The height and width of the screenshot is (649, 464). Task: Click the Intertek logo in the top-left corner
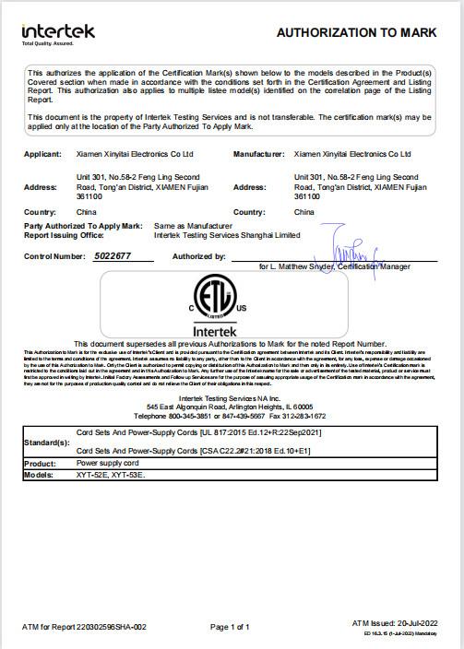click(x=57, y=33)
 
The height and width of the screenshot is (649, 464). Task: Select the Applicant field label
click(x=42, y=154)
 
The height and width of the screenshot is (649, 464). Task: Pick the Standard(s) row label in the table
click(x=46, y=442)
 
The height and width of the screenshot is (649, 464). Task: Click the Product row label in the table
click(x=41, y=464)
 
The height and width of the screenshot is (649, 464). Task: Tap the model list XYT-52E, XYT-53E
click(x=111, y=475)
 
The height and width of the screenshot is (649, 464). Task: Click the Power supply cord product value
click(x=106, y=464)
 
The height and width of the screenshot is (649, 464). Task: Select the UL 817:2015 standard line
click(x=198, y=432)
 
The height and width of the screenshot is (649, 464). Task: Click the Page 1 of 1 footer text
click(x=231, y=627)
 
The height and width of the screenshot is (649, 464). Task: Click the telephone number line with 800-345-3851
click(x=231, y=414)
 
